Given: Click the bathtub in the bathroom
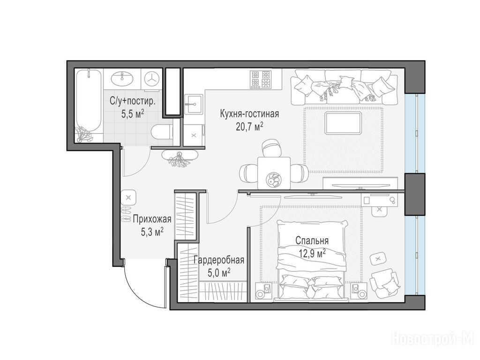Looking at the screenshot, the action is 88,104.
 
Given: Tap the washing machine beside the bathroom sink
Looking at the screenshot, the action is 151,79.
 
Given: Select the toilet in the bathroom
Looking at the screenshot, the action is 162,132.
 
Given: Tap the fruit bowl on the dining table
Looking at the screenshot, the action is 273,180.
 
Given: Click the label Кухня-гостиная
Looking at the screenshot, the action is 249,114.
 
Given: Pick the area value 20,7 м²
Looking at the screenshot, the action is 249,126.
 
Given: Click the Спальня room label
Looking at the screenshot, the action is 312,240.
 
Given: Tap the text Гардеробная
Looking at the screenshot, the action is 219,260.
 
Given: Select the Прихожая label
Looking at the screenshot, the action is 152,219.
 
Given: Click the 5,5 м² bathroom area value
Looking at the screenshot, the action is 133,114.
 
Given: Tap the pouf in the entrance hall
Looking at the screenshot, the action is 128,197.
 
